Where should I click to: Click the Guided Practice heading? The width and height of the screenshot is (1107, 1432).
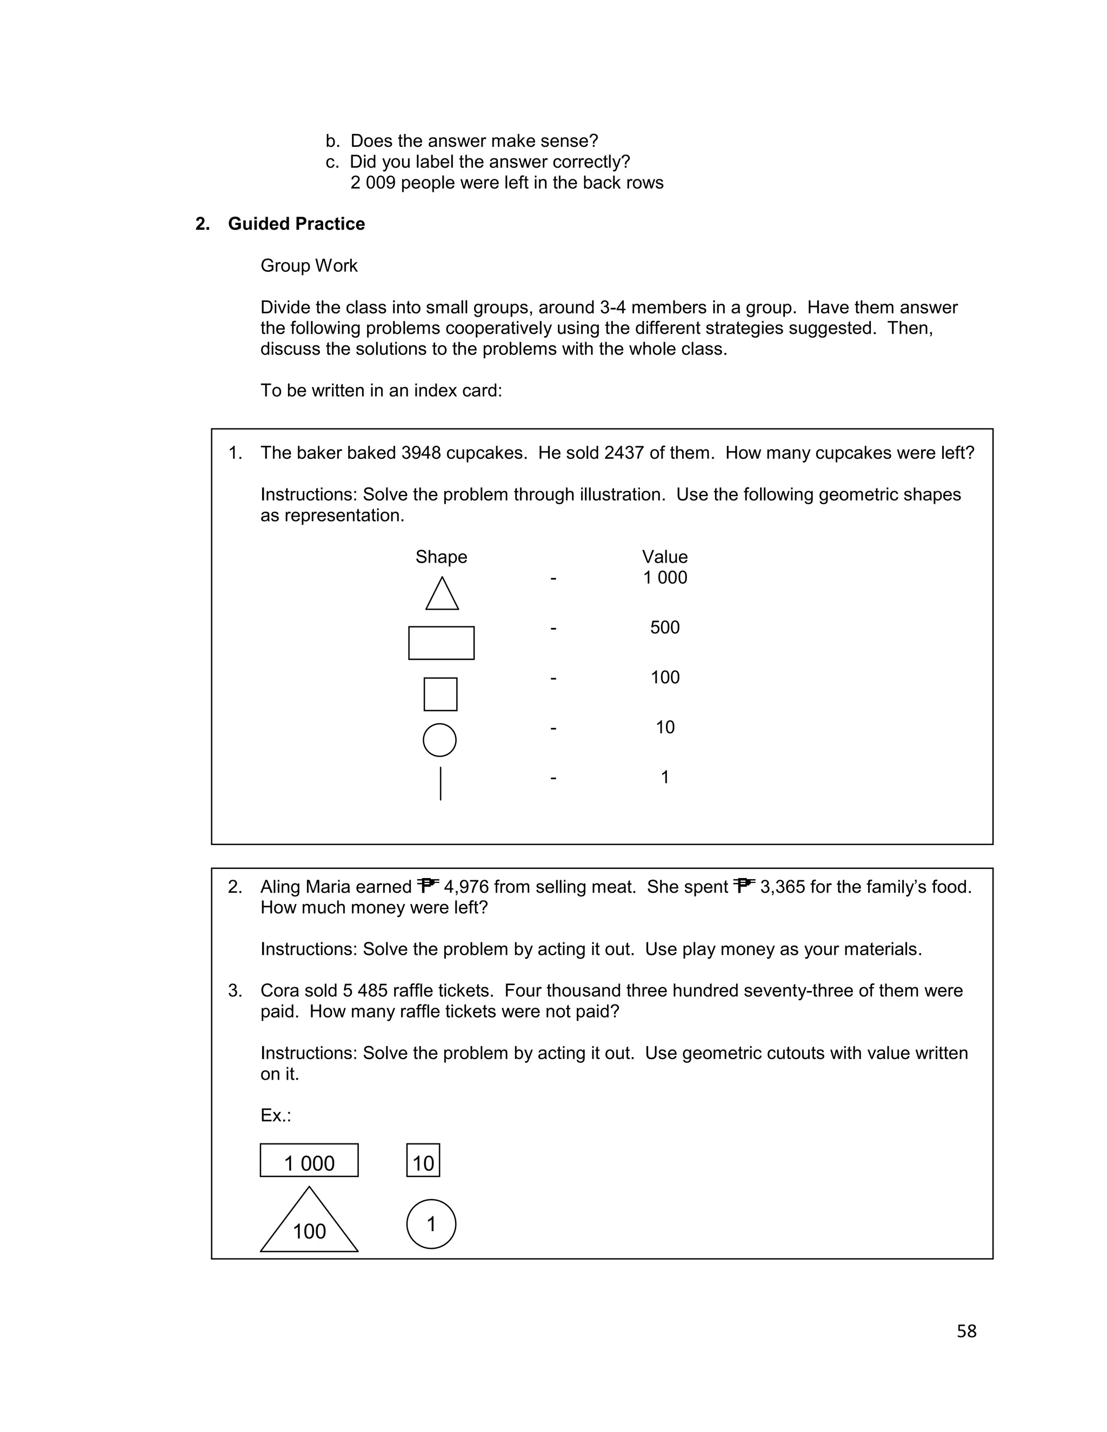point(296,224)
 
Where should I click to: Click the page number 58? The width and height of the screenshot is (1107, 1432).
point(966,1331)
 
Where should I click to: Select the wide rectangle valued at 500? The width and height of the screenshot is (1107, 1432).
point(442,643)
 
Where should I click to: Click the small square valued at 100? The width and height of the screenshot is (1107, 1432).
point(440,694)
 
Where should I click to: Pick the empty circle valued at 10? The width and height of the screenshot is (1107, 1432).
point(439,740)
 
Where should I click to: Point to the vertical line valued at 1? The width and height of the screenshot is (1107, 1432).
point(441,784)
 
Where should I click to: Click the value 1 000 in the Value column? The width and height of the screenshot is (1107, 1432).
point(665,578)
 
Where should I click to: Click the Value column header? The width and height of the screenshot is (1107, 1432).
point(664,557)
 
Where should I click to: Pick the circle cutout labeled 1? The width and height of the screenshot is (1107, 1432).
point(431,1223)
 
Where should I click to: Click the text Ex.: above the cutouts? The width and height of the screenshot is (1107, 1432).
point(276,1115)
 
